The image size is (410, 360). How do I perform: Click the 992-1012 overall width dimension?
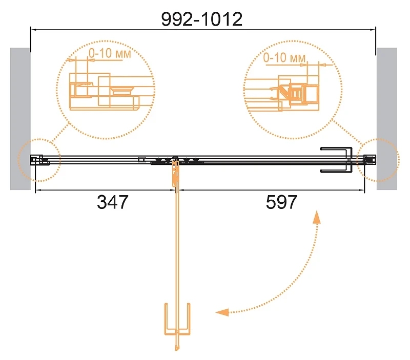pos(201,19)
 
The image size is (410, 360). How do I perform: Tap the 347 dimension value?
pos(112,202)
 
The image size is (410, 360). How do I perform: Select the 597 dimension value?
pos(281,202)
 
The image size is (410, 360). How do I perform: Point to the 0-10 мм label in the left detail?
pos(110,53)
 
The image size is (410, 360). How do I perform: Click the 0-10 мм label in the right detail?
pos(284,57)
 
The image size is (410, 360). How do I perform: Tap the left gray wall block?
pos(20,119)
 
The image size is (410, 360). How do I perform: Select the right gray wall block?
pos(387,119)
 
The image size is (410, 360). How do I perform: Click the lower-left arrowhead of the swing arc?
pos(222,312)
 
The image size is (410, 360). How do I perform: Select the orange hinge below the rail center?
pos(175,173)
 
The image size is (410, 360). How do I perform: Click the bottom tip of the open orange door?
pos(177,350)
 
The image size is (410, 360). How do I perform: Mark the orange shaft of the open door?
pos(177,256)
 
